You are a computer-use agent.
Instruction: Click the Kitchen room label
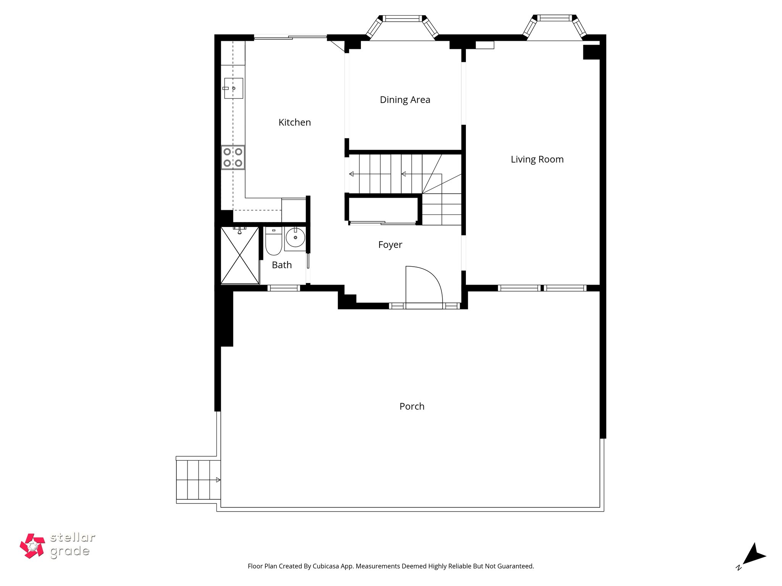pyautogui.click(x=294, y=122)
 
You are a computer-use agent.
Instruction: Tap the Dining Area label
pyautogui.click(x=405, y=100)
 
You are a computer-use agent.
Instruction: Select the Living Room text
pyautogui.click(x=537, y=159)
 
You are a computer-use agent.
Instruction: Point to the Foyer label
pyautogui.click(x=390, y=245)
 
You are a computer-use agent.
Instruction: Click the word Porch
pyautogui.click(x=412, y=406)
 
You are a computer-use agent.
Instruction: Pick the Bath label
pyautogui.click(x=282, y=265)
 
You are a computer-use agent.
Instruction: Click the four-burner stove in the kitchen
pyautogui.click(x=233, y=158)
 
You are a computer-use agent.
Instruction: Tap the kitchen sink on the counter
pyautogui.click(x=233, y=88)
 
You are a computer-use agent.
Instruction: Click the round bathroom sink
pyautogui.click(x=295, y=238)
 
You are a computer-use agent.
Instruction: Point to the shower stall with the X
pyautogui.click(x=240, y=255)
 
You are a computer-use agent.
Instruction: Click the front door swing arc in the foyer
pyautogui.click(x=424, y=284)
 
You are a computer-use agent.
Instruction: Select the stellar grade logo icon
pyautogui.click(x=32, y=546)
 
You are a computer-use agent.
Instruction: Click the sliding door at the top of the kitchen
pyautogui.click(x=290, y=37)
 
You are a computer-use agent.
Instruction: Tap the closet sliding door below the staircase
pyautogui.click(x=383, y=223)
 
